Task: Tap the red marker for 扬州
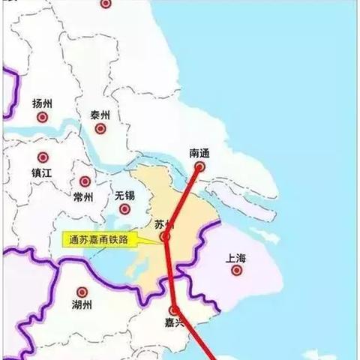[x=43, y=118]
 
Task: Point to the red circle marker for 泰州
[x=100, y=129]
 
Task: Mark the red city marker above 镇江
[x=43, y=158]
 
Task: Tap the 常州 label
[x=84, y=197]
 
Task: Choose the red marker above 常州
[x=85, y=181]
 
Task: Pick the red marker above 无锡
[x=126, y=181]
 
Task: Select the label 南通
[x=199, y=152]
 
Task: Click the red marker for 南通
[x=199, y=167]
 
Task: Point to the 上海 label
[x=235, y=257]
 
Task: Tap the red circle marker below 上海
[x=236, y=271]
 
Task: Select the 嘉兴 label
[x=175, y=324]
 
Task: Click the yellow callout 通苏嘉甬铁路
[x=94, y=239]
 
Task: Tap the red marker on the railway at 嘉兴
[x=174, y=309]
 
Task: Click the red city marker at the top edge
[x=106, y=3]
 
